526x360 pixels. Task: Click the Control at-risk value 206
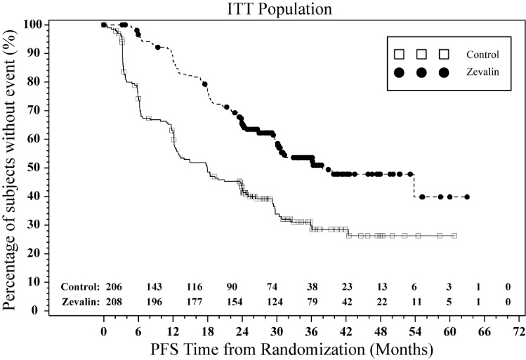coord(114,287)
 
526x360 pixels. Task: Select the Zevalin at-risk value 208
coord(114,302)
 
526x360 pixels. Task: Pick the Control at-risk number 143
coord(155,287)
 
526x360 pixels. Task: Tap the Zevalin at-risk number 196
coord(155,302)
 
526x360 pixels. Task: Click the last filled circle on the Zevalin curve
coord(467,197)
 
